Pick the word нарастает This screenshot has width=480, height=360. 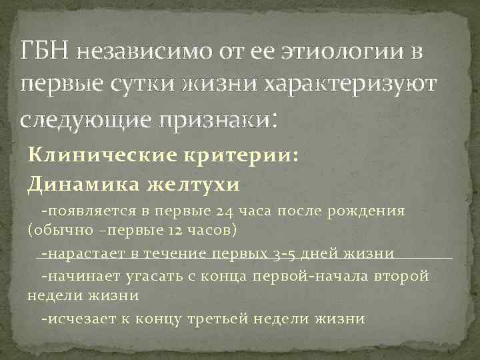[86, 254]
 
